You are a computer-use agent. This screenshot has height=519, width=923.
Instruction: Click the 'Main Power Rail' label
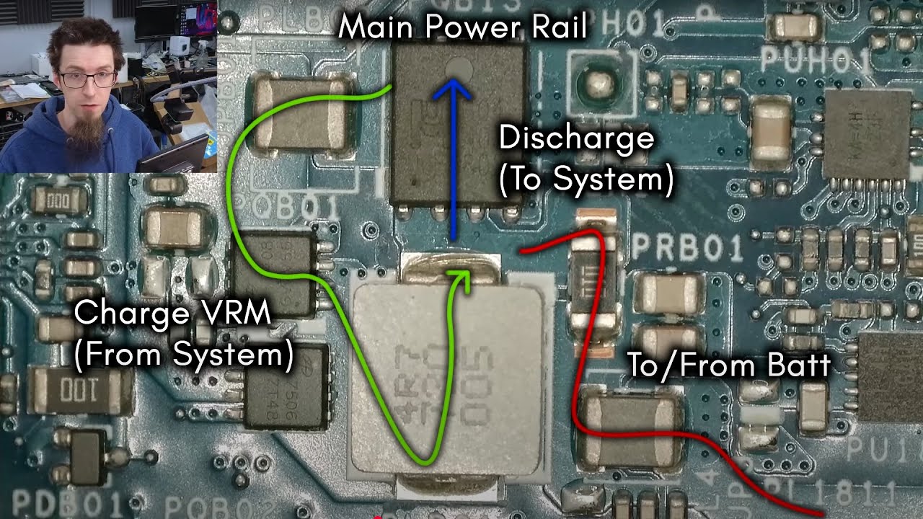(x=462, y=27)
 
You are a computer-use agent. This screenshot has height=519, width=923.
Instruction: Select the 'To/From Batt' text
(x=729, y=365)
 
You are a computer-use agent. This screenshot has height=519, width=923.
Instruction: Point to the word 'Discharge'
(x=576, y=138)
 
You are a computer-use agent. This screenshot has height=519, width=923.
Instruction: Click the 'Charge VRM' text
(x=172, y=314)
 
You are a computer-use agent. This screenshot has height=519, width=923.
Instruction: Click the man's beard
(x=87, y=133)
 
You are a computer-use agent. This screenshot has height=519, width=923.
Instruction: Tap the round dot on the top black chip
(x=459, y=68)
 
